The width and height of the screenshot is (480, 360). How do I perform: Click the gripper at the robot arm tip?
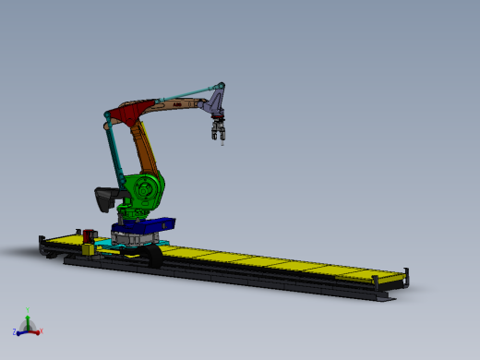point(219,132)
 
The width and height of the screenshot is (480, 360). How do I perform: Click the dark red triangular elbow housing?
point(127,114)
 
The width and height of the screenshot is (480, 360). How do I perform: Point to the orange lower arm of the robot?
point(145,148)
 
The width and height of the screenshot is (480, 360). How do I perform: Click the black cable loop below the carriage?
point(152,257)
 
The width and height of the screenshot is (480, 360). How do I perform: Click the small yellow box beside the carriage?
point(88,248)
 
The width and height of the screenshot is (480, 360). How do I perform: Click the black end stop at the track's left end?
point(42,245)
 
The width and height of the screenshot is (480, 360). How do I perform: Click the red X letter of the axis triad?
point(42,330)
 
